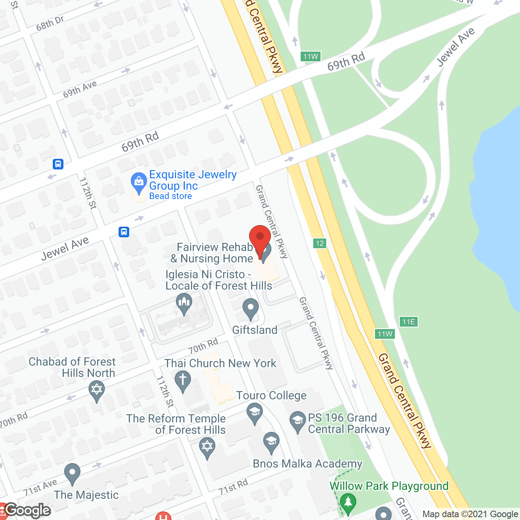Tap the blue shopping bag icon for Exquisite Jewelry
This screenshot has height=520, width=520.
point(139,183)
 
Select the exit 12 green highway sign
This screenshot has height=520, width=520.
point(320,243)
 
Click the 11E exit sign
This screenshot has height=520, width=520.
point(408,322)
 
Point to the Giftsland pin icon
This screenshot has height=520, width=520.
point(251,309)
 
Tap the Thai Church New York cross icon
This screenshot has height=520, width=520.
point(183,381)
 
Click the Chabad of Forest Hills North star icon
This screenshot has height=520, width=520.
point(97,391)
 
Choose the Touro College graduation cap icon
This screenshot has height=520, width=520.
point(255,413)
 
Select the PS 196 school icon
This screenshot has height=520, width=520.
point(298,422)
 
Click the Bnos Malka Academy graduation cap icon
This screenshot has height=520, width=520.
point(271,442)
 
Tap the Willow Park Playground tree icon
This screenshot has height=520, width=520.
point(348,503)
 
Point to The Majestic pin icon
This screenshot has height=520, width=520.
point(72,473)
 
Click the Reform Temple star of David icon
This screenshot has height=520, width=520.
point(207,448)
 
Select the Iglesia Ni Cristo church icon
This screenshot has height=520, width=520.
point(184,303)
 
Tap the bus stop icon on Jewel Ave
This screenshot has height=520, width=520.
point(124,232)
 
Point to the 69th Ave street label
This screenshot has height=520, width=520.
point(80,89)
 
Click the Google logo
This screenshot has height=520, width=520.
point(28,510)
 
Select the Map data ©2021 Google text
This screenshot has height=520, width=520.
point(470,514)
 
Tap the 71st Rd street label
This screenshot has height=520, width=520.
point(233,487)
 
